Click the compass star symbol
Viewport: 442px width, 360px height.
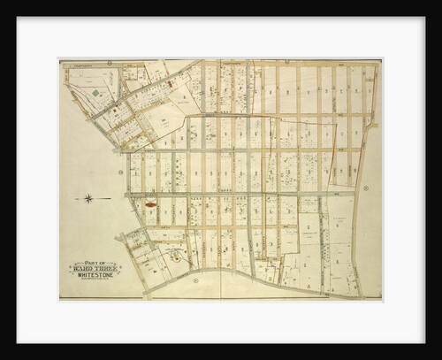click(x=88, y=198)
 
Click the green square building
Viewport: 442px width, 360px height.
click(x=96, y=91)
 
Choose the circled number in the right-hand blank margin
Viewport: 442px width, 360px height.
click(x=365, y=188)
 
